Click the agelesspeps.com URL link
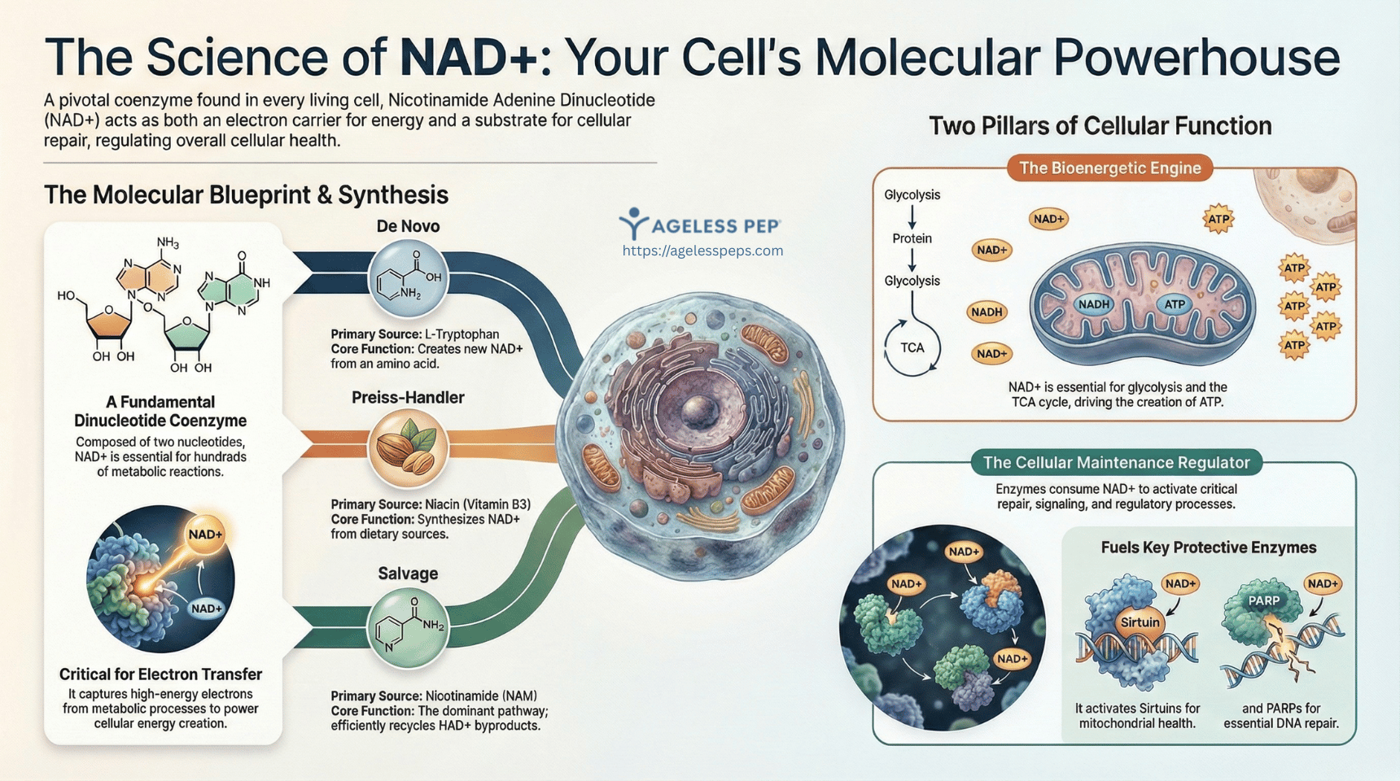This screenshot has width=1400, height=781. (702, 251)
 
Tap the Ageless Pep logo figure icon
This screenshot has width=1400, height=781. (633, 223)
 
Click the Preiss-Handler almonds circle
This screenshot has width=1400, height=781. (408, 448)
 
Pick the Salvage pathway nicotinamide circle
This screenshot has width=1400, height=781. (408, 628)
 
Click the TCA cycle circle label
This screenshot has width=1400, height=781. (912, 348)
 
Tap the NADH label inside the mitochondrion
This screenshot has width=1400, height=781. (1093, 304)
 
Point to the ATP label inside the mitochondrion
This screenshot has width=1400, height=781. (1174, 304)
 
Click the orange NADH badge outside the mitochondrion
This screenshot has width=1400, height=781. (987, 312)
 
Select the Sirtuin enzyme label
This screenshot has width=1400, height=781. (1140, 622)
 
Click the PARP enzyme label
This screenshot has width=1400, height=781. (1263, 600)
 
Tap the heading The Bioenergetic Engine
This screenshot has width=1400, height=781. (1109, 168)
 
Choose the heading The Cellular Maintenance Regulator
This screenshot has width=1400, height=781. (1116, 463)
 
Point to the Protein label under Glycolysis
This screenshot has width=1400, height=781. (912, 238)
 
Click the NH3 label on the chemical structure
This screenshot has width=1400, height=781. (168, 242)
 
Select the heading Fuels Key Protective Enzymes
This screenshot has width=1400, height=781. (1208, 548)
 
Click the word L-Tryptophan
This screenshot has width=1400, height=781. (462, 334)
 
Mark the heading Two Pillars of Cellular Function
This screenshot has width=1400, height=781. (1100, 126)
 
